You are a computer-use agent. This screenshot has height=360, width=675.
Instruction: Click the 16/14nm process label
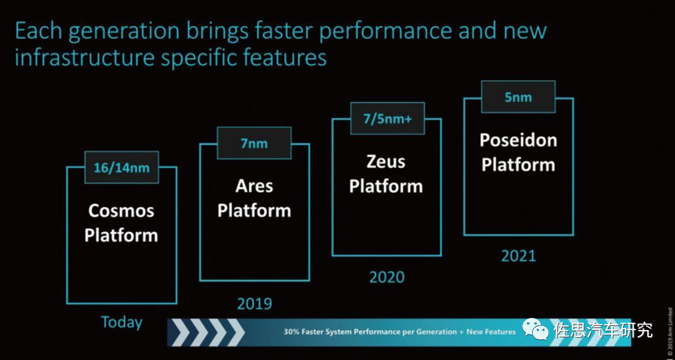pos(121,167)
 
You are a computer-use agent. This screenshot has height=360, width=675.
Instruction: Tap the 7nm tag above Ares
pos(253,143)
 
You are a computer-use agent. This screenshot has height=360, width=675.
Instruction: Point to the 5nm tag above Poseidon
pos(518,97)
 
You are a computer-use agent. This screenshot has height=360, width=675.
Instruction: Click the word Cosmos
pos(121,211)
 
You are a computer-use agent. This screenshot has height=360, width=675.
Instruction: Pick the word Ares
pos(254,185)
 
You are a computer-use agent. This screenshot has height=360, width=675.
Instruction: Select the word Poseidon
pos(518,140)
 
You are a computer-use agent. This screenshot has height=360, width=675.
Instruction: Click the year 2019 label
pos(254,304)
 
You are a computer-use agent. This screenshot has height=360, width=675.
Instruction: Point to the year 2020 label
pos(386,277)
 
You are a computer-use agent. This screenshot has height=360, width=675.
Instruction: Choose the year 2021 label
pos(518,255)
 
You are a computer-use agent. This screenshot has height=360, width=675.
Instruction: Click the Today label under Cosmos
pos(121,323)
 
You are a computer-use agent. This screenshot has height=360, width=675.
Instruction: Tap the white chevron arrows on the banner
pos(208,332)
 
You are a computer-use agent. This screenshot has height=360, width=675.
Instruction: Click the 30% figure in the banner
pos(291,332)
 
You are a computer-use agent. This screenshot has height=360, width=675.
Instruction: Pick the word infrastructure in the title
pos(85,58)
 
